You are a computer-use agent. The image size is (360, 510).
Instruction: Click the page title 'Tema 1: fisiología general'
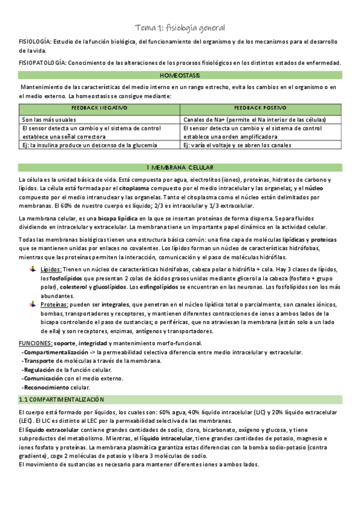coord(180,28)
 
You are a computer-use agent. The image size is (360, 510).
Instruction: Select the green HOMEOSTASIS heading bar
coord(180,76)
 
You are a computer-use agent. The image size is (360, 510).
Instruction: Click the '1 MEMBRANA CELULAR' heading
coord(180,167)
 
